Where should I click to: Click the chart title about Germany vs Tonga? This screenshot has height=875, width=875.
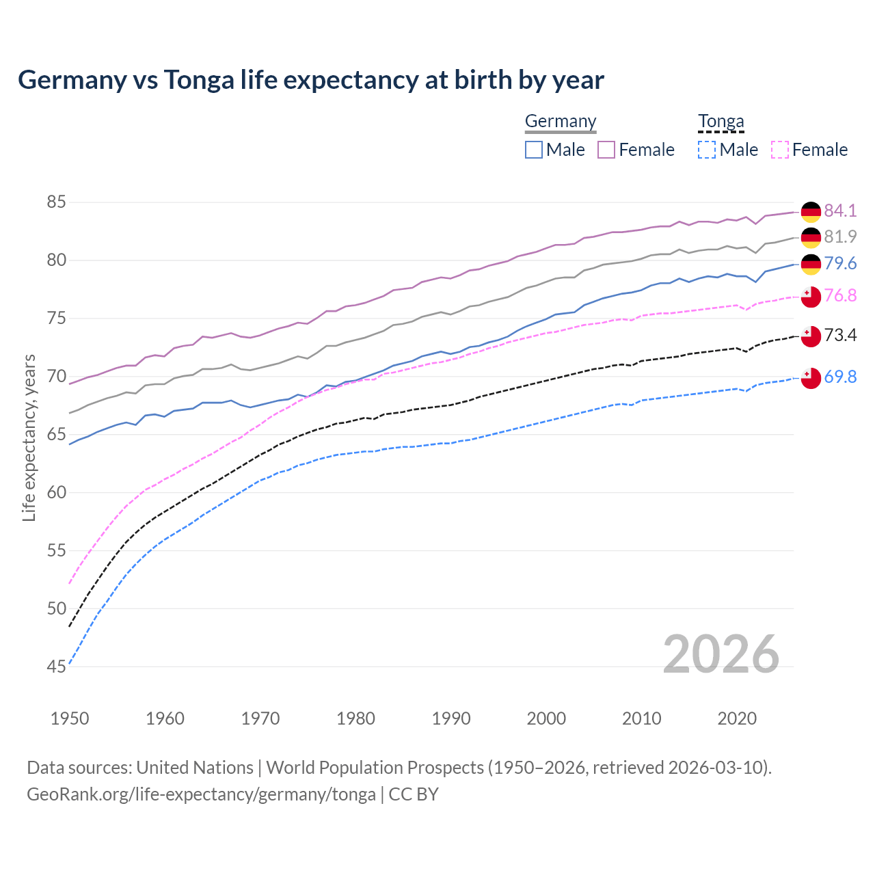(311, 80)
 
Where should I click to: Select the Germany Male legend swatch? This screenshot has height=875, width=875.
(534, 150)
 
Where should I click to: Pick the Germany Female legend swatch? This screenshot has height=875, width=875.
(606, 150)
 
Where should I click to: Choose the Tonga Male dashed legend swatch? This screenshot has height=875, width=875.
(707, 150)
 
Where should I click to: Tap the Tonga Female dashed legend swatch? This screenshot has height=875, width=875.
(780, 150)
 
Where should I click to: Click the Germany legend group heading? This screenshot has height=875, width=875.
(561, 122)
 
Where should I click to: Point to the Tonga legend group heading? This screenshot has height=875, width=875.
(721, 122)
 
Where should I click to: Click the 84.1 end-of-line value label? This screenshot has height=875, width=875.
(840, 211)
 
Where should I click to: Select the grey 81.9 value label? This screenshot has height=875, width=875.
(840, 237)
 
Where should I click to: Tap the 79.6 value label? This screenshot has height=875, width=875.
(840, 264)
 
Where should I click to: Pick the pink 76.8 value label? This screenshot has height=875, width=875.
(840, 295)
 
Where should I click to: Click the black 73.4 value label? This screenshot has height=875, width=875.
(840, 335)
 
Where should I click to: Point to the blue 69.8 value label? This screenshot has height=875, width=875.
(840, 377)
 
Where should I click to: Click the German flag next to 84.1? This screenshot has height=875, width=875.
(811, 212)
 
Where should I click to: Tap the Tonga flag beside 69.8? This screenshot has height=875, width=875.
(811, 378)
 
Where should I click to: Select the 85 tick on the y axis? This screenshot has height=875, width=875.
(56, 202)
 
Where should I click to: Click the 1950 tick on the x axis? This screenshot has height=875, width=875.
(70, 718)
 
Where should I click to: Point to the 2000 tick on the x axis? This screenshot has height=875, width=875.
(546, 718)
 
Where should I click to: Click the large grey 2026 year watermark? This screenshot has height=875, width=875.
(721, 654)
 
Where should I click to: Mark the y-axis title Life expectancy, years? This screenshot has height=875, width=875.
(29, 437)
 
